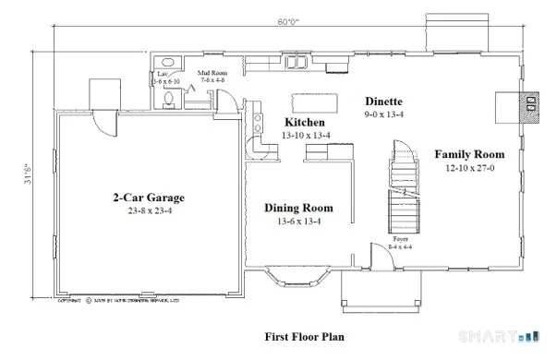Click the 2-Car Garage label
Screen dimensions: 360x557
[x=149, y=198]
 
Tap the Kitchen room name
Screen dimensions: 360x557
[x=303, y=123]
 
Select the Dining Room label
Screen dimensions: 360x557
[x=298, y=209]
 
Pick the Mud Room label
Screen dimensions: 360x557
[x=214, y=72]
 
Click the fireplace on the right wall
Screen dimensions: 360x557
[x=530, y=104]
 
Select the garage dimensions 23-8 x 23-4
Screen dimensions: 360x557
[x=149, y=211]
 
